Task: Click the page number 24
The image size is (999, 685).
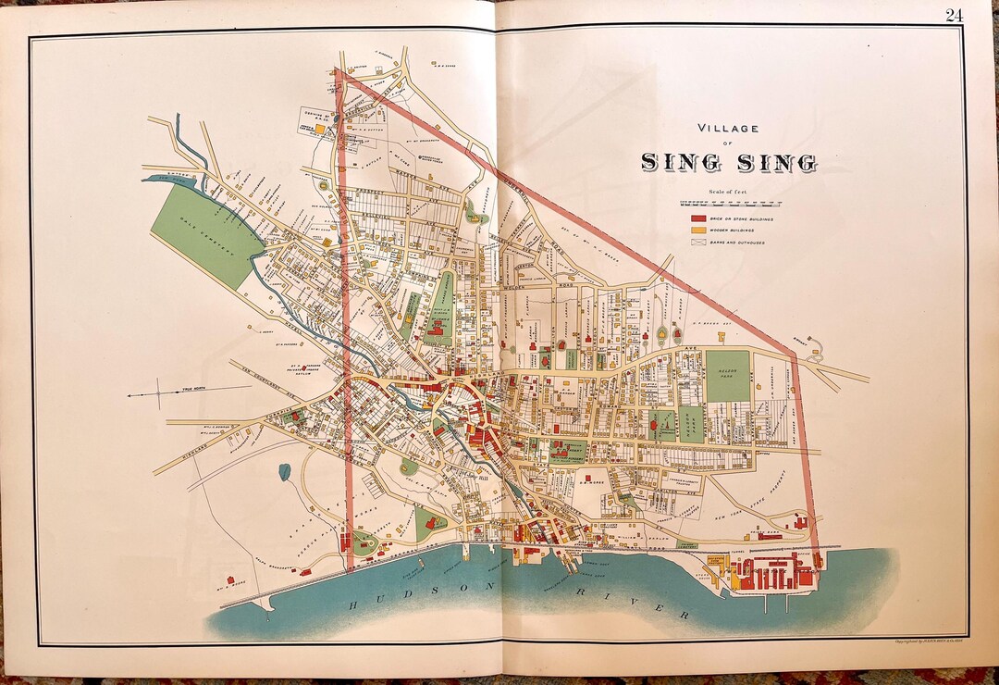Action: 954,14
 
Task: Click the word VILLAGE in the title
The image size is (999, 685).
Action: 728,129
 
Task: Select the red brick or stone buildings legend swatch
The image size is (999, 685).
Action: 698,217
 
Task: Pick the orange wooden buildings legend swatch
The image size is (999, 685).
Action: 698,229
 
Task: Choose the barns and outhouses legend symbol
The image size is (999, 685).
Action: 698,242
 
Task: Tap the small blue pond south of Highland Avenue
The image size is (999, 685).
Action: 284,472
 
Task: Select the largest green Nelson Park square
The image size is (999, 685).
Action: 728,375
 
